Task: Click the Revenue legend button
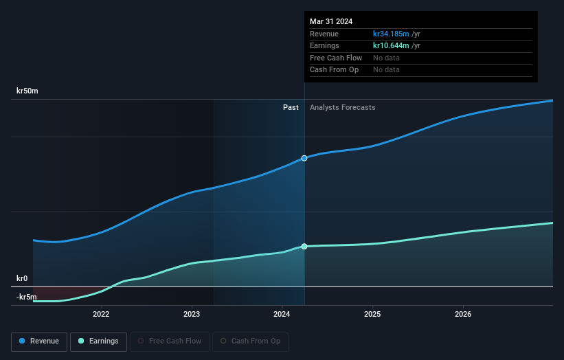click(x=39, y=341)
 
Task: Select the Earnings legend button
click(x=98, y=341)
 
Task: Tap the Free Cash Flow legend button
click(x=170, y=341)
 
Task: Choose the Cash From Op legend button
click(x=250, y=341)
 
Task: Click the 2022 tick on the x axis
click(x=101, y=315)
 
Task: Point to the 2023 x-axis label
click(x=192, y=315)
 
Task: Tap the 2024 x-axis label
click(x=282, y=315)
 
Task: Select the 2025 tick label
click(x=372, y=315)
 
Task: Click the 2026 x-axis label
click(x=463, y=315)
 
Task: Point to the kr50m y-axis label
click(x=27, y=91)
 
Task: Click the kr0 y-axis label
click(x=22, y=278)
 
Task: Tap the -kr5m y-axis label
click(x=27, y=297)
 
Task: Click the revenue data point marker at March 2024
click(x=304, y=158)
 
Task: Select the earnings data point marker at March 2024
click(x=304, y=246)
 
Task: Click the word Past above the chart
click(x=291, y=107)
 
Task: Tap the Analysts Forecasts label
click(x=343, y=107)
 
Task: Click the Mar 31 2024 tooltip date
click(x=331, y=21)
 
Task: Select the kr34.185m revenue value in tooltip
click(x=391, y=34)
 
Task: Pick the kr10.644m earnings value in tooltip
click(x=391, y=45)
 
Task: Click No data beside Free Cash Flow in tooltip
click(x=386, y=58)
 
